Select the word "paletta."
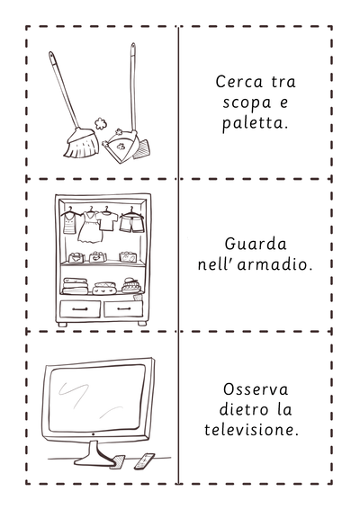pyautogui.click(x=255, y=124)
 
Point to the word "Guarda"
pyautogui.click(x=256, y=244)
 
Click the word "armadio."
pyautogui.click(x=274, y=264)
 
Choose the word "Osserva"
pyautogui.click(x=256, y=389)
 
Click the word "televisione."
pyautogui.click(x=251, y=430)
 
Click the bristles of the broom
pyautogui.click(x=81, y=145)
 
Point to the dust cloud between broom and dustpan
pyautogui.click(x=101, y=123)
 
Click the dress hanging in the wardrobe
pyautogui.click(x=90, y=228)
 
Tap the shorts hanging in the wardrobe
pyautogui.click(x=132, y=223)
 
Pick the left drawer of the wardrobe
pyautogui.click(x=80, y=309)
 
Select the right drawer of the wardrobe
pyautogui.click(x=123, y=309)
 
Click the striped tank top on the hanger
pyautogui.click(x=69, y=222)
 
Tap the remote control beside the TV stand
pyautogui.click(x=145, y=460)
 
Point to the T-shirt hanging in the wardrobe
pyautogui.click(x=107, y=220)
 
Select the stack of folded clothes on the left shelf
pyautogui.click(x=76, y=286)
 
